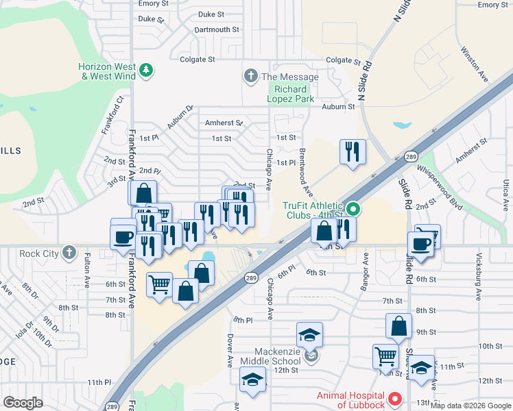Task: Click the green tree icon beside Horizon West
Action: pos(145,70)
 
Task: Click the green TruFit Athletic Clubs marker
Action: pos(353,208)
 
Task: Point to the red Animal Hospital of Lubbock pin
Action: pos(394,398)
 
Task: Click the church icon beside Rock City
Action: pos(69,253)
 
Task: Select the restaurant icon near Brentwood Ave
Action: pos(353,152)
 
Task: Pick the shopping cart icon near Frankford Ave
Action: pos(159,284)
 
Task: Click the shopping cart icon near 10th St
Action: pos(385,356)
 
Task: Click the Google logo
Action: pos(23,403)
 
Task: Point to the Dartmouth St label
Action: pos(216,30)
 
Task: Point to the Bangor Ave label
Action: pos(366,269)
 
